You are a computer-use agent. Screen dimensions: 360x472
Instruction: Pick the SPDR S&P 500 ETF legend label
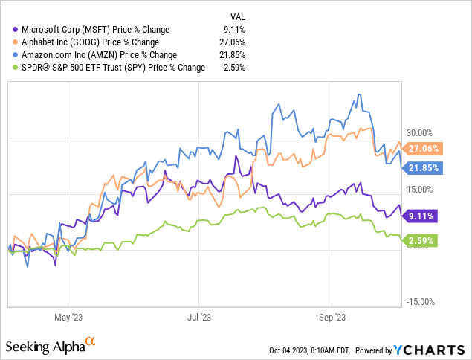pos(103,68)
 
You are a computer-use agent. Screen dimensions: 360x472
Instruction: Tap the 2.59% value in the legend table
pos(234,68)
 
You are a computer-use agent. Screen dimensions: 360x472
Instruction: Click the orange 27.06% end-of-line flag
pos(425,148)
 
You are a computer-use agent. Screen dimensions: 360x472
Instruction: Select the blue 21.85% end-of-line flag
pos(425,168)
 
